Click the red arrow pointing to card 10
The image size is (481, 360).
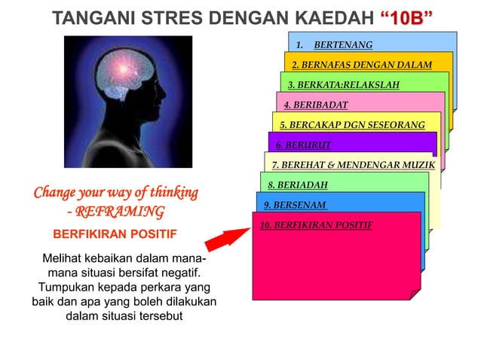(225, 239)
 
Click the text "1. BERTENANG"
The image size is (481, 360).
(342, 45)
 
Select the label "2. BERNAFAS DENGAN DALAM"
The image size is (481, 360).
(362, 65)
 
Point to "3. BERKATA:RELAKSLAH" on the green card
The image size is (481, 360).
(344, 84)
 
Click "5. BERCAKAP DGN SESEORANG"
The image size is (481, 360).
(352, 124)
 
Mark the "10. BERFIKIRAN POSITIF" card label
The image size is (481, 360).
(316, 224)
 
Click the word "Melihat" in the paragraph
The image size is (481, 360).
(64, 259)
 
